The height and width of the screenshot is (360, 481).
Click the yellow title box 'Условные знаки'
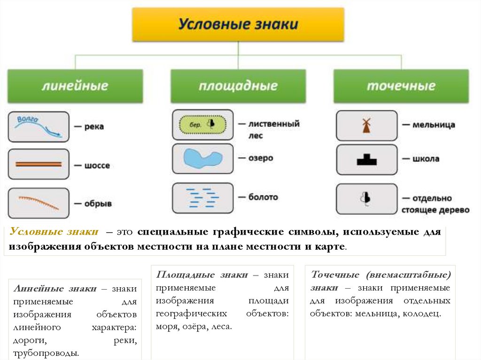pyautogui.click(x=238, y=24)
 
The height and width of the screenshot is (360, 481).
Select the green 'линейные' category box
pyautogui.click(x=75, y=86)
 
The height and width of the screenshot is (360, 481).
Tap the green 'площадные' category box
pyautogui.click(x=238, y=86)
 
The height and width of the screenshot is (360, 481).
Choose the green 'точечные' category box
pyautogui.click(x=401, y=86)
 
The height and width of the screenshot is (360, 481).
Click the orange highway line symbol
pyautogui.click(x=39, y=164)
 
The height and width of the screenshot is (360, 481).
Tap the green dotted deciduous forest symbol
pyautogui.click(x=202, y=124)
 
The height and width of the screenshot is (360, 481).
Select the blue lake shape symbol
pyautogui.click(x=202, y=159)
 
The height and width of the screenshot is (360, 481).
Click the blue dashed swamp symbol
pyautogui.click(x=202, y=198)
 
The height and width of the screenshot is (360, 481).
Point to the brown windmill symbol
pyautogui.click(x=366, y=125)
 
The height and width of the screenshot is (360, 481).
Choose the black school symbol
pyautogui.click(x=366, y=160)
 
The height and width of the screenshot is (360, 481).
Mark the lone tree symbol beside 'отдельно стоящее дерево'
pyautogui.click(x=366, y=199)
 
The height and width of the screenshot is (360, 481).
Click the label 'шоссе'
pyautogui.click(x=97, y=166)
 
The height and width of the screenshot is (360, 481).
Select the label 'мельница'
pyautogui.click(x=434, y=125)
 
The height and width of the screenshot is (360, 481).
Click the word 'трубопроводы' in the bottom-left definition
pyautogui.click(x=46, y=352)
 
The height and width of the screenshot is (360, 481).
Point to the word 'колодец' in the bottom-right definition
pyautogui.click(x=422, y=313)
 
